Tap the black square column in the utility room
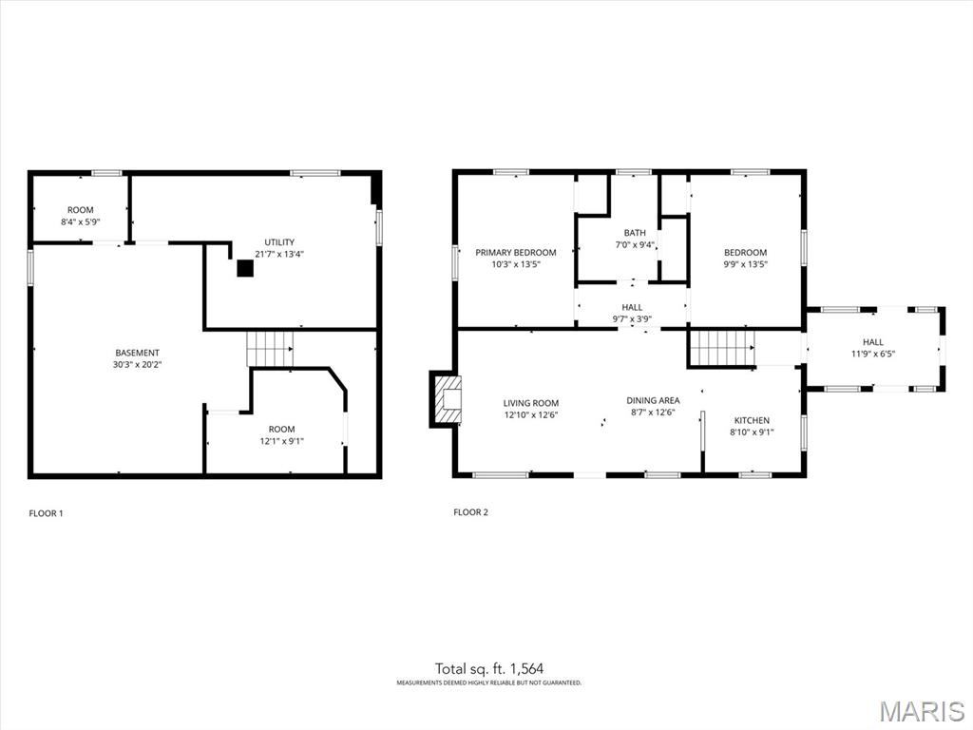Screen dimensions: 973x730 [246, 268]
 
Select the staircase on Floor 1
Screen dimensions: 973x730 [270, 349]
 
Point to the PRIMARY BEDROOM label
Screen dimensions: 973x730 [516, 253]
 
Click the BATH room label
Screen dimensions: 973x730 [635, 233]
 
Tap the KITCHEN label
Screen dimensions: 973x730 [753, 420]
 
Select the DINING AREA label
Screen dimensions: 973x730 [653, 400]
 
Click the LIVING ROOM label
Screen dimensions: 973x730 [531, 403]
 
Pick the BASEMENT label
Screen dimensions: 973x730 [137, 353]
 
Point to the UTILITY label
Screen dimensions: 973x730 [279, 242]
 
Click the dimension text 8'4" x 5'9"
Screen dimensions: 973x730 [81, 221]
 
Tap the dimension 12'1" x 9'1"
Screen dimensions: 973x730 [281, 441]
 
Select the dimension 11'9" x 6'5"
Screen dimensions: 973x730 [873, 354]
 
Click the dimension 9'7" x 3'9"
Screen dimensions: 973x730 [632, 319]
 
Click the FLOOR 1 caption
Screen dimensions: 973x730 [46, 513]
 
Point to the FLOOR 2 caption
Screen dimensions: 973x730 [471, 512]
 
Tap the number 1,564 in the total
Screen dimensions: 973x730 [526, 668]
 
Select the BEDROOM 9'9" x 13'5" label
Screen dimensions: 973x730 [745, 259]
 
